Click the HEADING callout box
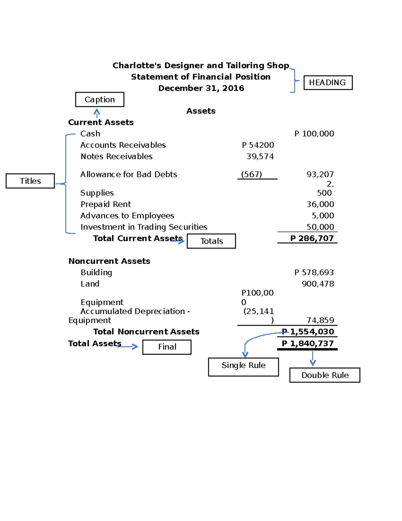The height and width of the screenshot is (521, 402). [328, 83]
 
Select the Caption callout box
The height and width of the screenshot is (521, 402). [99, 100]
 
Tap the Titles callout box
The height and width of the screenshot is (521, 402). [30, 181]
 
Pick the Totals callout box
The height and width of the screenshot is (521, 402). [211, 241]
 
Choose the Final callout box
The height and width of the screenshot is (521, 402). [167, 347]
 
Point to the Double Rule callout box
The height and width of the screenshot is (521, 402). [325, 375]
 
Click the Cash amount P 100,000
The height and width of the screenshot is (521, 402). [314, 134]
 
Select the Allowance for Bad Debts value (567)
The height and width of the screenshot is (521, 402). [252, 174]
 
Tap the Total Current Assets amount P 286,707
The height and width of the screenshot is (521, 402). [312, 239]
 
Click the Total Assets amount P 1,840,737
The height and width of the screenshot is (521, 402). [308, 344]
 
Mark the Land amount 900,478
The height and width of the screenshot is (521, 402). [318, 284]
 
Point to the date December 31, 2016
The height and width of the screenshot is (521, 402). [201, 88]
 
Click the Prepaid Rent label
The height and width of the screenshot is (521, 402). [106, 204]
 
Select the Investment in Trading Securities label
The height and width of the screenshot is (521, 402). [144, 227]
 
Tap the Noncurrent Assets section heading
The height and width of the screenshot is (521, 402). [109, 261]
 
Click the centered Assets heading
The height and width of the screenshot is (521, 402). [201, 111]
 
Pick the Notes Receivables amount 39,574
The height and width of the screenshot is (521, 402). [260, 157]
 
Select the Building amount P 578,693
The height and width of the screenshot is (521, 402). [314, 272]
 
